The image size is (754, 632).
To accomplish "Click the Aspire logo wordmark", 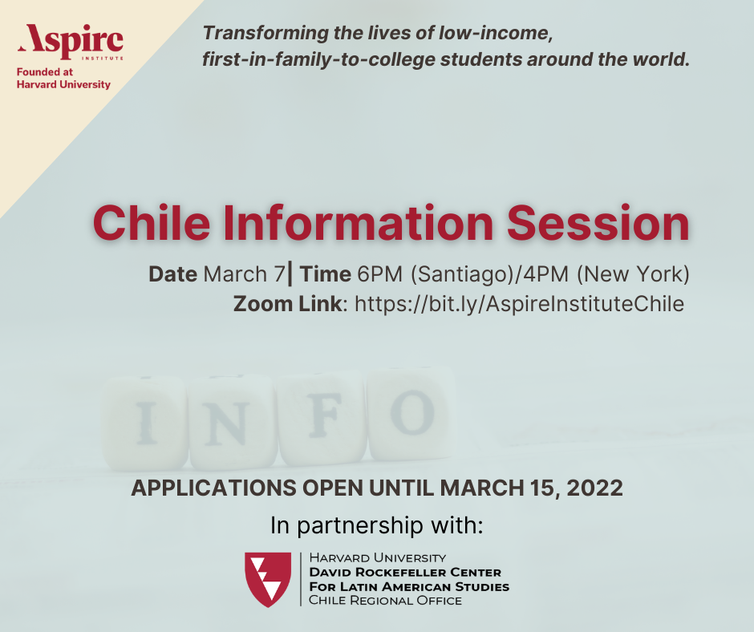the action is pos(71,41).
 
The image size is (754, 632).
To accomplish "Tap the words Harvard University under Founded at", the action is pos(63,85).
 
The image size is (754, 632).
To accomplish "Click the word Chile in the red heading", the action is pos(152,223).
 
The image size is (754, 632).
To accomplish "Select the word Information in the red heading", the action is pos(359,223).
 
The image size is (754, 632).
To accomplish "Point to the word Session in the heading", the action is pos(598,223).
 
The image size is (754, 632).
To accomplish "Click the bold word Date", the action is pos(172,274).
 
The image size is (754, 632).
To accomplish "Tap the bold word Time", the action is pos(325,274).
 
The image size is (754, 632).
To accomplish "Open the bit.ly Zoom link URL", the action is pos(519,304).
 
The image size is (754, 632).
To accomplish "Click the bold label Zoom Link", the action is pos(287,304).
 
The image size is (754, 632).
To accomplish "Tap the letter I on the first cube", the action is pos(145,423).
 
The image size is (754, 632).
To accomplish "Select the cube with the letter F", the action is pos(322,419).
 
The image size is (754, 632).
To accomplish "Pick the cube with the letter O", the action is pos(411,414).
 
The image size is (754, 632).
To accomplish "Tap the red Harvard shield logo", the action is pos(268,578).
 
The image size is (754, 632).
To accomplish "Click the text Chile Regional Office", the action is pos(385,600).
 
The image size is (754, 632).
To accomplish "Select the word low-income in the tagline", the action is pos(495,33).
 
